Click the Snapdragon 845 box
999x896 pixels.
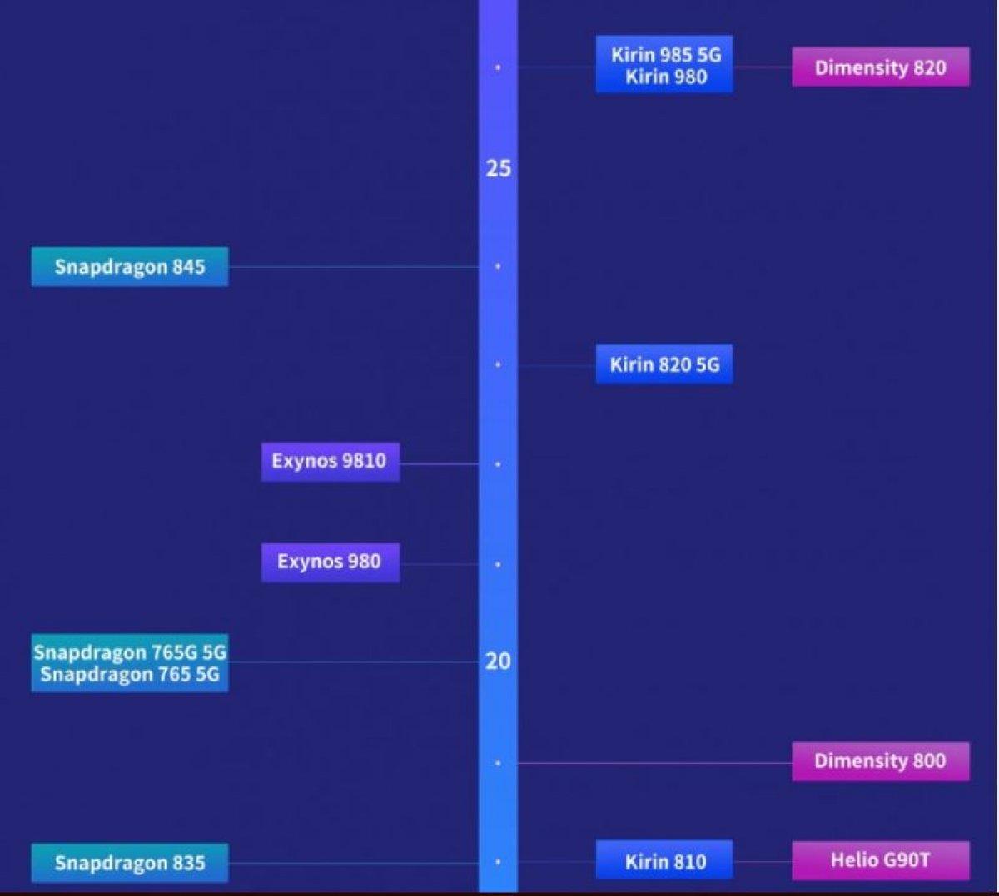point(130,267)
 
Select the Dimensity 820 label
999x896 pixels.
point(880,67)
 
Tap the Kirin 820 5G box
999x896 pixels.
point(664,364)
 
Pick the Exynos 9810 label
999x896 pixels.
point(330,462)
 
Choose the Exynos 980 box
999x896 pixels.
point(330,562)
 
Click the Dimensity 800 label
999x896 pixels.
point(880,761)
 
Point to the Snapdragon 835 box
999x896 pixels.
point(130,863)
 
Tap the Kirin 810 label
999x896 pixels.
point(664,861)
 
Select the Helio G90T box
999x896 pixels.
point(880,860)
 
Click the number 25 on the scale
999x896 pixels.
point(498,168)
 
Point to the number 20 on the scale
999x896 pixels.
point(498,661)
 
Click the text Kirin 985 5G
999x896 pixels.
point(665,55)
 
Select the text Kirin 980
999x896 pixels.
point(665,77)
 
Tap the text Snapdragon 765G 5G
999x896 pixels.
point(130,652)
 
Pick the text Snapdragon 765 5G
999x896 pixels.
point(130,674)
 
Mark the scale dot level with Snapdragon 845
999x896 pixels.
point(498,266)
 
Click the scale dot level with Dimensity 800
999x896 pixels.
point(498,763)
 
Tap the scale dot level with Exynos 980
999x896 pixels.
point(498,564)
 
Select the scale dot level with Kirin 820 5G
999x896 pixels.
point(498,364)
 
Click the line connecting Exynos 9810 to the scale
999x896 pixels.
point(439,463)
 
